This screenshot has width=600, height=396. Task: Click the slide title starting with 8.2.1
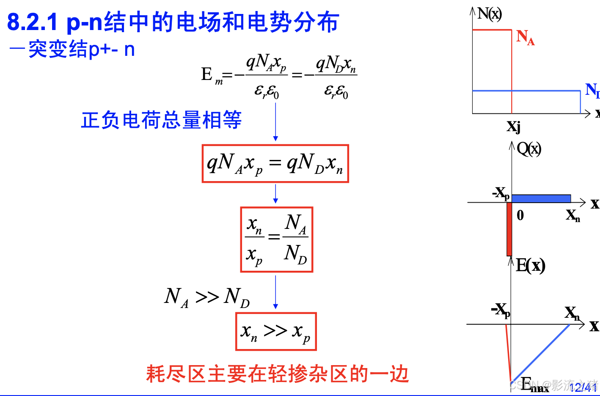click(173, 22)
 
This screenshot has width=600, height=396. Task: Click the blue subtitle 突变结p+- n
click(72, 50)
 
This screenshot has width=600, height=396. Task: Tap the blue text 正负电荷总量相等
click(161, 120)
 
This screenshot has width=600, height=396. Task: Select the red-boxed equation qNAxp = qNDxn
click(275, 164)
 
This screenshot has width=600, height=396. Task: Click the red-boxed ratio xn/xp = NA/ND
click(276, 239)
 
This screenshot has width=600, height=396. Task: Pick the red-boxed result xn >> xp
click(276, 332)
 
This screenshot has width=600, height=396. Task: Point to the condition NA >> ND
click(207, 297)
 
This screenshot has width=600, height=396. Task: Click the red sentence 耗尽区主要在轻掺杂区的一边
click(278, 374)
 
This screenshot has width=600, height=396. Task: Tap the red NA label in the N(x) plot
click(525, 37)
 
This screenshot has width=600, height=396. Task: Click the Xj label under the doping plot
click(513, 126)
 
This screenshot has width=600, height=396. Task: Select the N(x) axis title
click(490, 14)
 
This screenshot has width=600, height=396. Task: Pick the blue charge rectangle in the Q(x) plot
click(541, 198)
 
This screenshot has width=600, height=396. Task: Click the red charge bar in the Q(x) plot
click(509, 229)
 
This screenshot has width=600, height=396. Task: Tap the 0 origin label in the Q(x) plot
click(520, 215)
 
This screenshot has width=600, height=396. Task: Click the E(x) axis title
click(531, 266)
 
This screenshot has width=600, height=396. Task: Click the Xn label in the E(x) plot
click(572, 313)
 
